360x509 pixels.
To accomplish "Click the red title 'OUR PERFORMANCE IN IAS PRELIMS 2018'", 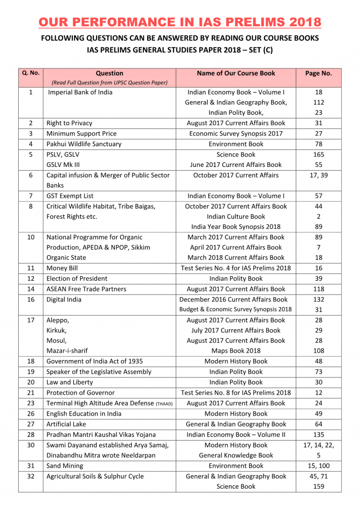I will tap(180, 22).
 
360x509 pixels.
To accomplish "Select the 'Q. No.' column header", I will tap(30, 73).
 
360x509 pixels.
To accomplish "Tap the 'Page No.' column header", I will tap(318, 73).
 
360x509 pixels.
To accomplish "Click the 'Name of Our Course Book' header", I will tap(236, 73).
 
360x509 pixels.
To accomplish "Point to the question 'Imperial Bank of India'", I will tap(80, 92).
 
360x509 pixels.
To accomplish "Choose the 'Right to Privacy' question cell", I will tap(69, 123).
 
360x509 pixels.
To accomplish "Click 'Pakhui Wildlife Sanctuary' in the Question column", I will tap(83, 144).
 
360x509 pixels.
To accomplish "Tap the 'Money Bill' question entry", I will tap(62, 268).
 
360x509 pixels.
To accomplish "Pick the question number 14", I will tap(30, 289).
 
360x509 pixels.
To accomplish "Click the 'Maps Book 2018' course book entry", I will tap(236, 351).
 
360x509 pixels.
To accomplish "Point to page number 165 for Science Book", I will tap(318, 154).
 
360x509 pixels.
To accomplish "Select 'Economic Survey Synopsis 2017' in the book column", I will tap(236, 134).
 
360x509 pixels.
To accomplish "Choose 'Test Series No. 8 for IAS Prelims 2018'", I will tap(236, 392).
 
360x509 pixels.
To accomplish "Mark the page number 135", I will tap(318, 434).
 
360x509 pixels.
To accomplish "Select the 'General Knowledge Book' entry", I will tap(236, 455).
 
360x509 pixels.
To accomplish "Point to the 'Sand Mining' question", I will tap(65, 465).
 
